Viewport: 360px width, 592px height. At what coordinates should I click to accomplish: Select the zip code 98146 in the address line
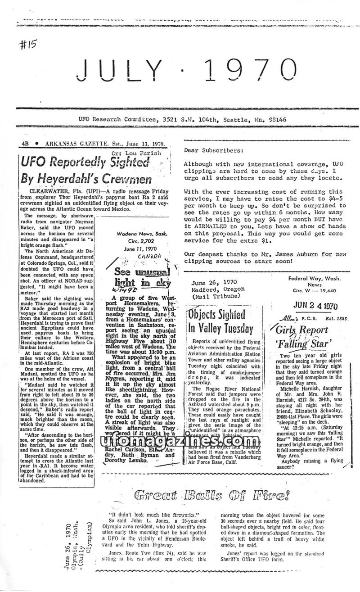(276, 120)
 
